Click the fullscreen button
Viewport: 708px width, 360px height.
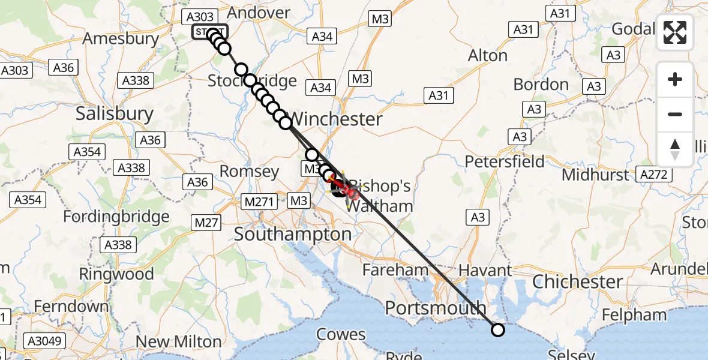(x=675, y=32)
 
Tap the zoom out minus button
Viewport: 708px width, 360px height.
(x=675, y=115)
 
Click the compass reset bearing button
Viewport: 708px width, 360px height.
(x=675, y=149)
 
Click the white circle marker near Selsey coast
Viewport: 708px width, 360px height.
(x=498, y=329)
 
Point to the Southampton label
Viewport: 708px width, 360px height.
(x=293, y=234)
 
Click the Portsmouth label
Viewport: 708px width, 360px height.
(x=436, y=308)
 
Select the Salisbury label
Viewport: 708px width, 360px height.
(x=115, y=114)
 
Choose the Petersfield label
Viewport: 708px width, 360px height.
(x=505, y=161)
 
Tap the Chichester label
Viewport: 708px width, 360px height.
(x=577, y=281)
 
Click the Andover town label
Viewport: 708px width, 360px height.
(x=259, y=13)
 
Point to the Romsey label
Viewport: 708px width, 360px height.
(x=250, y=172)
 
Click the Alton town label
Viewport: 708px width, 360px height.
(x=487, y=56)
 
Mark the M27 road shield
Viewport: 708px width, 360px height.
(x=207, y=223)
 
